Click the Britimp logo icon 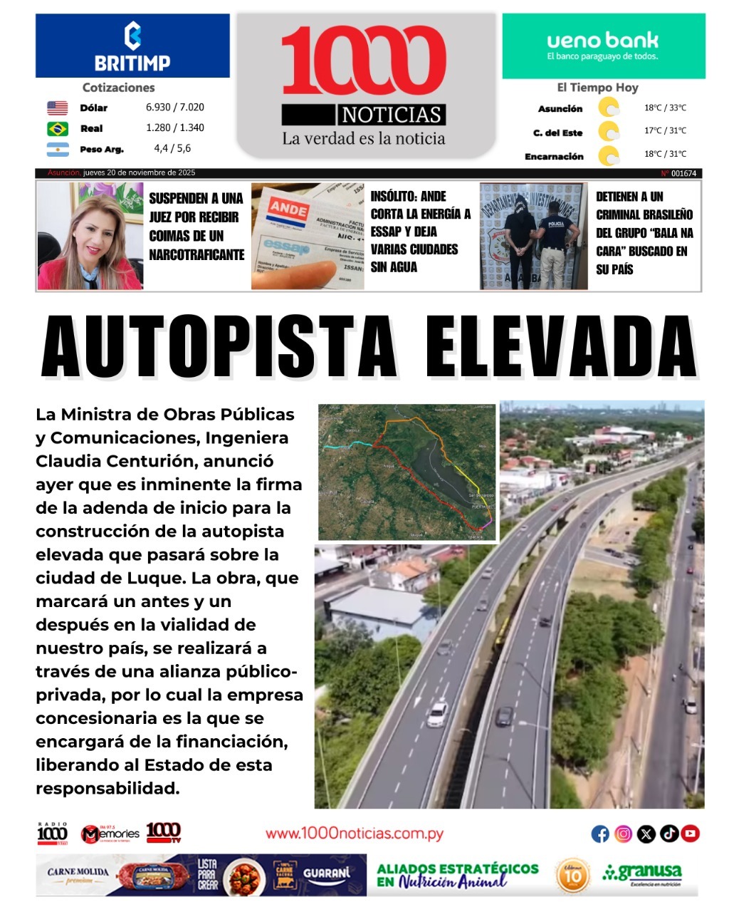(132, 36)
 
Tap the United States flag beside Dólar (58, 108)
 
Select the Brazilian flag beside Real (58, 128)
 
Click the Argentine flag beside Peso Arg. (58, 150)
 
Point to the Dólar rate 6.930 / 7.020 (175, 108)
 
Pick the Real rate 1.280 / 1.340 (175, 128)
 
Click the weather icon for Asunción (609, 108)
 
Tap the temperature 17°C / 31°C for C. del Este (666, 131)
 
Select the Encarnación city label (554, 157)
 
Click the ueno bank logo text (602, 41)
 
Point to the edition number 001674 (683, 173)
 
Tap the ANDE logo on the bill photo (288, 210)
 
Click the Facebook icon (600, 834)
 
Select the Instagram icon (623, 834)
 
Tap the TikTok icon (668, 834)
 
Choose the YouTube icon (691, 834)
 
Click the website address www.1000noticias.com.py (355, 834)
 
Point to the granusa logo (643, 873)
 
